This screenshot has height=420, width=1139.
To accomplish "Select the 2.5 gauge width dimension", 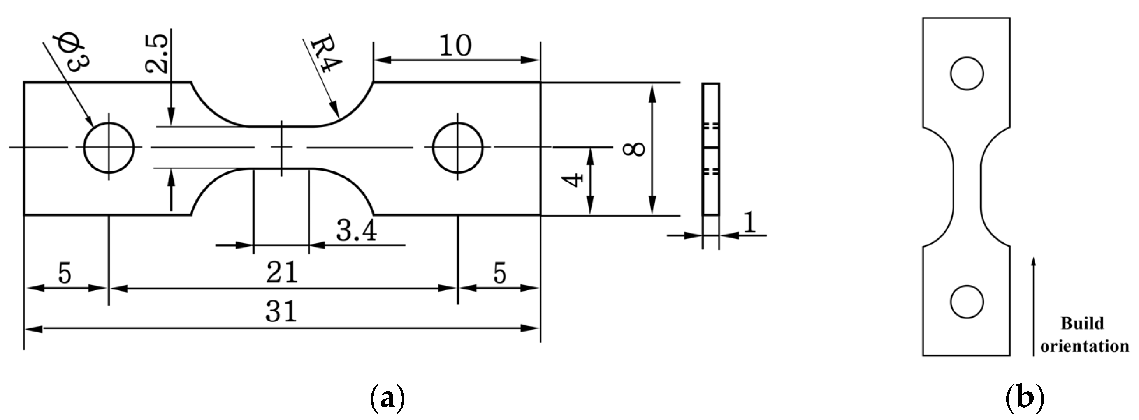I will (x=157, y=52).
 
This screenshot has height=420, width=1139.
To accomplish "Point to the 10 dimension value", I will (x=455, y=46).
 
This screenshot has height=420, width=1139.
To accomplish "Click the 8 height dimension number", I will (x=634, y=149).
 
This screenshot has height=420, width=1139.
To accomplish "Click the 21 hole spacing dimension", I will (x=282, y=272).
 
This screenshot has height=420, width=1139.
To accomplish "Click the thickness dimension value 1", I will (x=749, y=222).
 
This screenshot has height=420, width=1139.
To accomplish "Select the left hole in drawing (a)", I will (x=109, y=147).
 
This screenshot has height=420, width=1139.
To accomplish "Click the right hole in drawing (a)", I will (x=458, y=147).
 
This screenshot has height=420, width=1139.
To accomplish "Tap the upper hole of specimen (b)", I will (x=967, y=74).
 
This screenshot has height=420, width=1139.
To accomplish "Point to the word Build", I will (x=1082, y=323).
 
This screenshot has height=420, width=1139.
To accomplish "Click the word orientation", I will (x=1084, y=346).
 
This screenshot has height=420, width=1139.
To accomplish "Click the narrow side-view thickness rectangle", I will (x=710, y=149).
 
